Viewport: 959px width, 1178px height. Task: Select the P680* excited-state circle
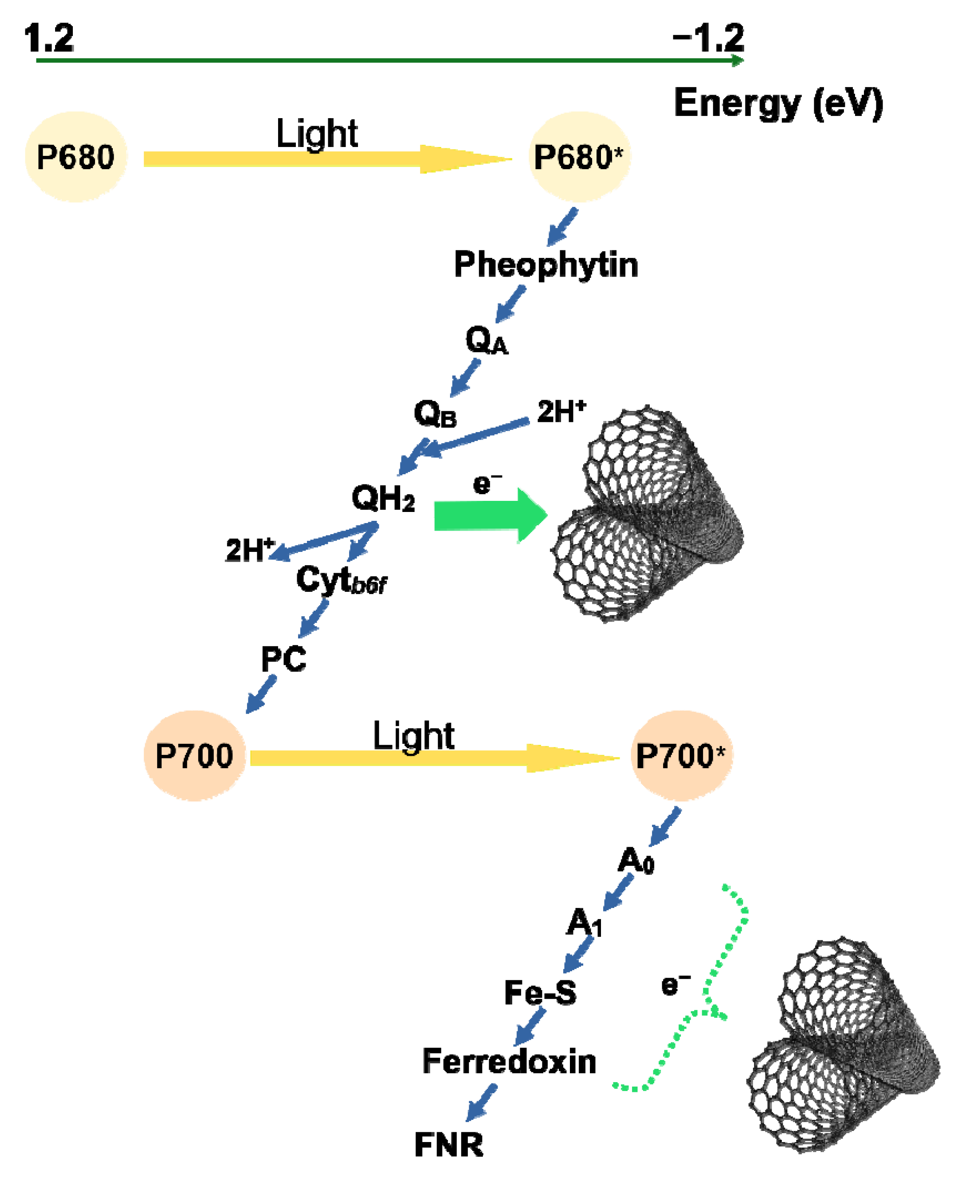(x=579, y=157)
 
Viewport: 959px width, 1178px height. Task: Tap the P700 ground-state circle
(x=195, y=756)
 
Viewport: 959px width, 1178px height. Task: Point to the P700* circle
(x=681, y=756)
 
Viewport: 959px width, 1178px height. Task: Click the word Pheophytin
(x=546, y=265)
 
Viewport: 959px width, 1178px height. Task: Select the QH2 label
(x=383, y=498)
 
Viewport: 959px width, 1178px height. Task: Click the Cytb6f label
(x=341, y=580)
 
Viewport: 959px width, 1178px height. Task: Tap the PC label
(x=283, y=659)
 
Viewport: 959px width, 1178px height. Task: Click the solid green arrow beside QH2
(x=489, y=516)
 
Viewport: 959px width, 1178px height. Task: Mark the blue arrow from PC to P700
(x=261, y=694)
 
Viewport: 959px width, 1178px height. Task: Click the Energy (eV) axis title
(x=778, y=103)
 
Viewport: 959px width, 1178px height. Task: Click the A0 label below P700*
(x=636, y=861)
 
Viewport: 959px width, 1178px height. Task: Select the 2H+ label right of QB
(x=561, y=412)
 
